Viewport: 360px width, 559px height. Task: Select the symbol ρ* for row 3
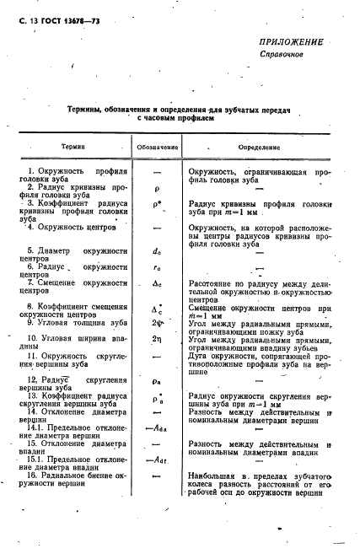(158, 203)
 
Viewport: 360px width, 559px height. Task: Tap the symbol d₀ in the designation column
(158, 250)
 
